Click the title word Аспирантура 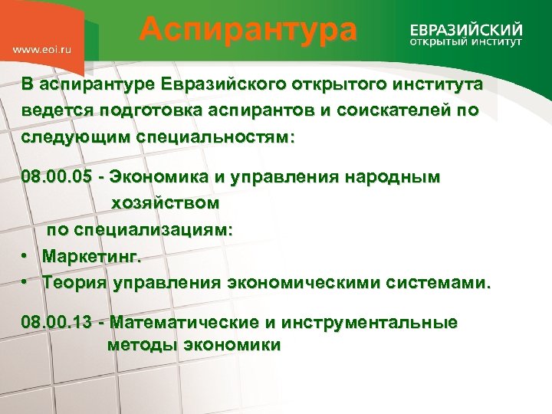pos(248,31)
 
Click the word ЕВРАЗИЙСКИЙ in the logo pos(466,28)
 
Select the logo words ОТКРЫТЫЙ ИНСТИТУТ pos(466,42)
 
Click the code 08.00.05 pos(58,178)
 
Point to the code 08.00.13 pos(58,323)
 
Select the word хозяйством pos(166,204)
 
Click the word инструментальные pos(370,323)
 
